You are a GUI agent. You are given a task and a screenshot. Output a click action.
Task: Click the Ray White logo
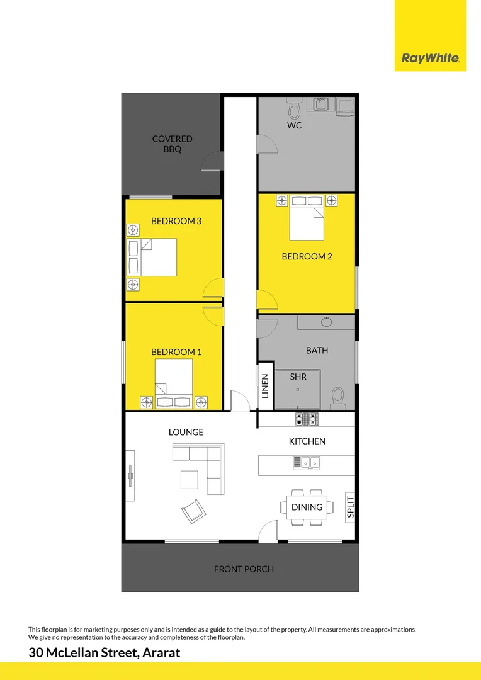[430, 59]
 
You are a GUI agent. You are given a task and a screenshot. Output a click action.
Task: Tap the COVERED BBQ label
[172, 144]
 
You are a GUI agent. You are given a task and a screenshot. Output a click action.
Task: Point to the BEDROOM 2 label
[307, 256]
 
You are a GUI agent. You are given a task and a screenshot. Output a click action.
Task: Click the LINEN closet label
[265, 386]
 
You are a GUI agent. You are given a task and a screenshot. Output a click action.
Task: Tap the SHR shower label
[298, 377]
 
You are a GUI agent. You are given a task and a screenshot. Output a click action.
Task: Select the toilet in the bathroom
[338, 397]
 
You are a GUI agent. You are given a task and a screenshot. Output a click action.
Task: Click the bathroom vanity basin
[327, 322]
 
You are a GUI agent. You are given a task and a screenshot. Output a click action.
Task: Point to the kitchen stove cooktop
[307, 419]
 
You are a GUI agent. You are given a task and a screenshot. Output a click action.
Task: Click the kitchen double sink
[307, 463]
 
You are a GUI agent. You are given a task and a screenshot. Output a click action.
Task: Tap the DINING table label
[307, 507]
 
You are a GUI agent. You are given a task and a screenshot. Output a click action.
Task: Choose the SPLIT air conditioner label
[351, 507]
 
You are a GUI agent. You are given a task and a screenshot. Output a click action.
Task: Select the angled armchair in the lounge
[193, 510]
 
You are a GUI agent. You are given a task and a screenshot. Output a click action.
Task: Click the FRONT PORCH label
[244, 569]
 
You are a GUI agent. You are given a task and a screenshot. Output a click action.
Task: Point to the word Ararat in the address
[159, 653]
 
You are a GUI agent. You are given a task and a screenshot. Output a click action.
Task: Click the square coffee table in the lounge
[190, 480]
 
